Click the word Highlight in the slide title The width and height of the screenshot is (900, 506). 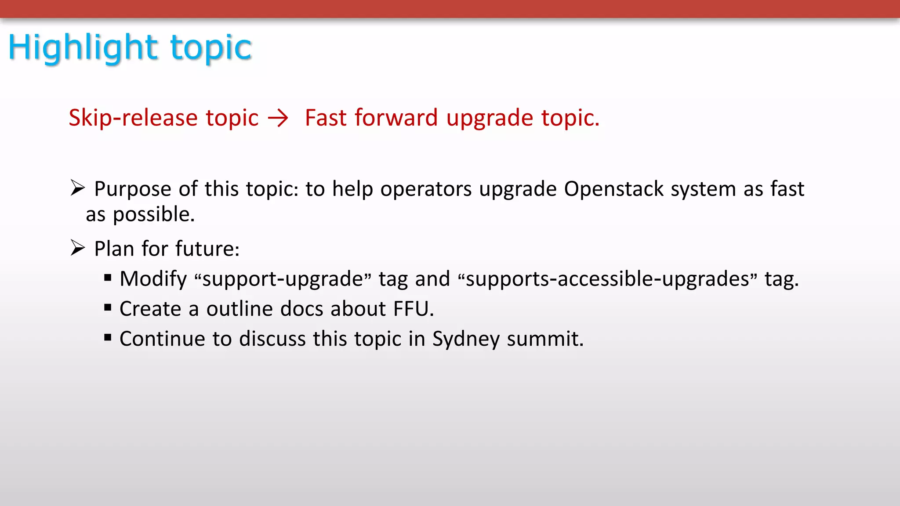83,47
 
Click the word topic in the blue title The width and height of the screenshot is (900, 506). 211,47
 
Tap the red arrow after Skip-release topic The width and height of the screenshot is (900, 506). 278,118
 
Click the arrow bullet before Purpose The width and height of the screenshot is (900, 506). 77,188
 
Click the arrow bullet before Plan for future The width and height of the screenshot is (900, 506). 77,248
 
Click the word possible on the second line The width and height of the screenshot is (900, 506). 153,215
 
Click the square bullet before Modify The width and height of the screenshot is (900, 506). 108,278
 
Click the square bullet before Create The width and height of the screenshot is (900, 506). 108,307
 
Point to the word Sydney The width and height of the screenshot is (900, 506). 466,339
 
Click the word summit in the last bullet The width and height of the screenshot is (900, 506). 545,339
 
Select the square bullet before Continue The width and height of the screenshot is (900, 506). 108,337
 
